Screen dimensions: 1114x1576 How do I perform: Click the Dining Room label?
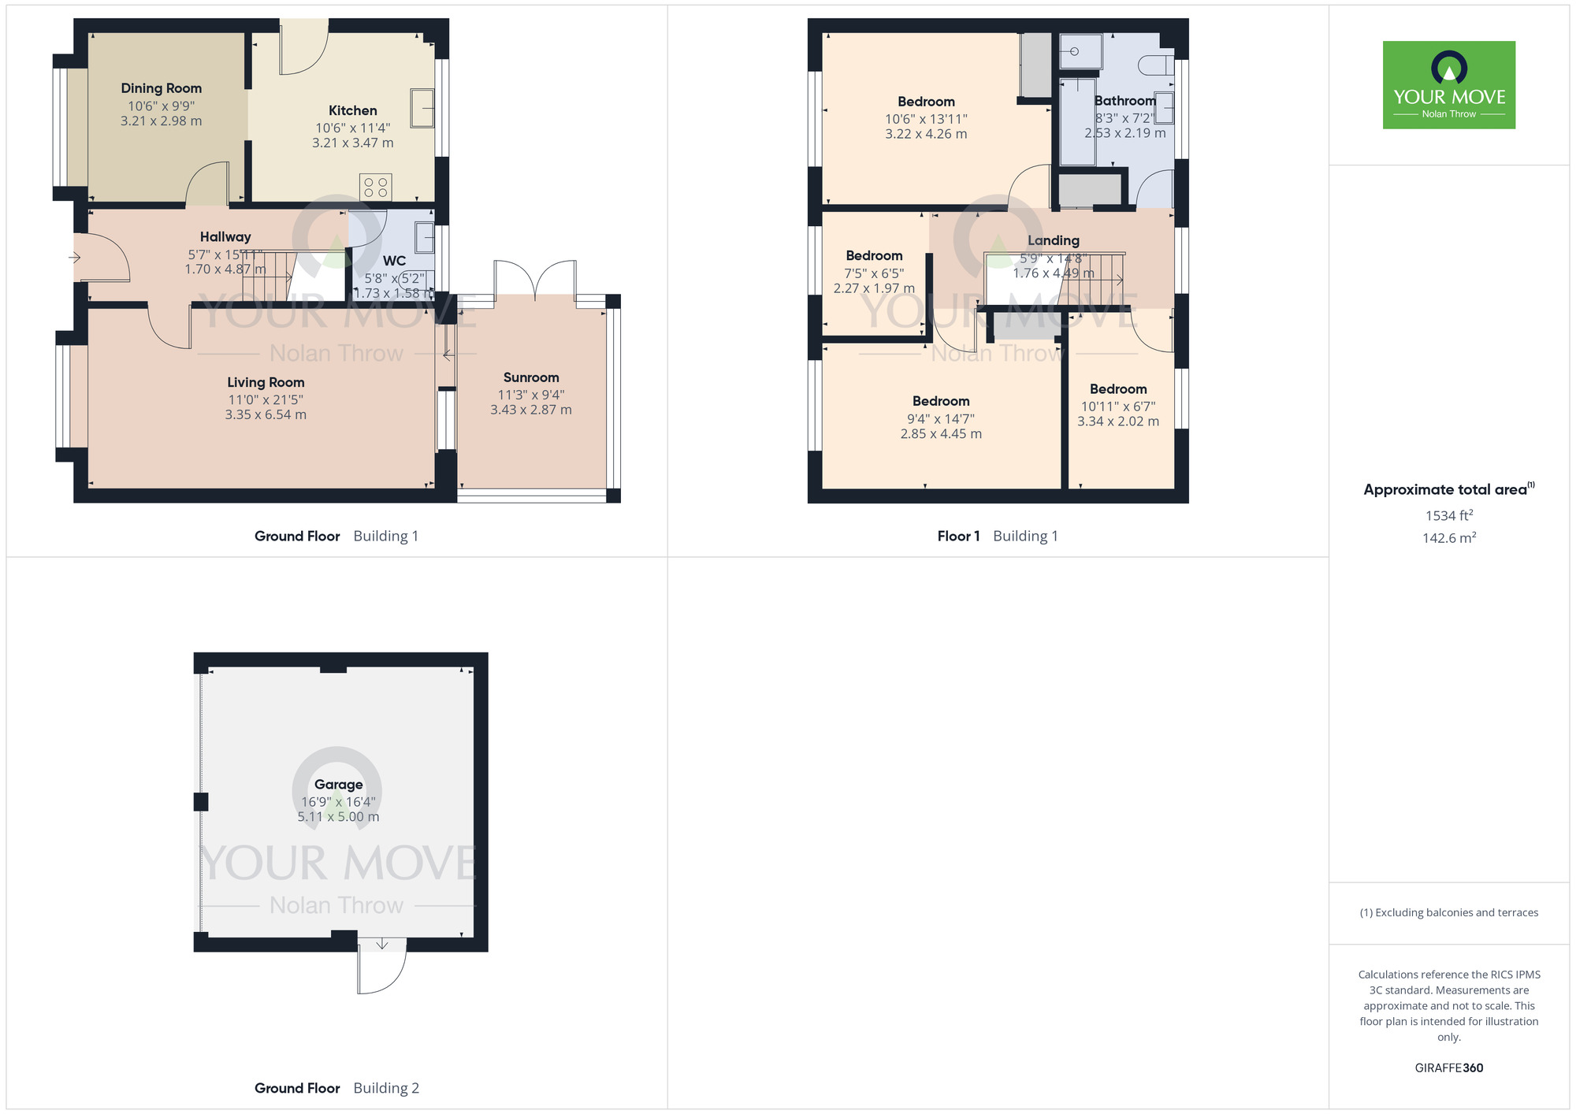161,88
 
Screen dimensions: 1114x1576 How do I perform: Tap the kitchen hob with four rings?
376,188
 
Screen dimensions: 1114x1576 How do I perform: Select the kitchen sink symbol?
422,108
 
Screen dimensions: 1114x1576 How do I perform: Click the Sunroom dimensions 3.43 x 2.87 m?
530,410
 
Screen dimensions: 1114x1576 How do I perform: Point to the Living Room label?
266,382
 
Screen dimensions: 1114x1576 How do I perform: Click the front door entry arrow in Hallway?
75,258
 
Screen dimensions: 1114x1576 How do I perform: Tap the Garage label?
338,784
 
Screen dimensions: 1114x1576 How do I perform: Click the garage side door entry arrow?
382,943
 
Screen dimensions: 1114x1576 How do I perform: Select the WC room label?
394,261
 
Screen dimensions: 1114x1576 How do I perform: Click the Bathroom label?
1124,101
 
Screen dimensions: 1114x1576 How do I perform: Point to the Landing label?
1053,240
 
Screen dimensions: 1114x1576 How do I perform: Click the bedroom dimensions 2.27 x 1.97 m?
874,288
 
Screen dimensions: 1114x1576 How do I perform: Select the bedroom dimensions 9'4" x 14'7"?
940,418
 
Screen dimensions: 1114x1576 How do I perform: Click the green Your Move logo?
1448,85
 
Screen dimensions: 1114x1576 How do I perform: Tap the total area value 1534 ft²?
1448,515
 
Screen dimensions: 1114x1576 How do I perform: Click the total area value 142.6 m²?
1448,538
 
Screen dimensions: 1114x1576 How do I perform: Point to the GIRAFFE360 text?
1448,1068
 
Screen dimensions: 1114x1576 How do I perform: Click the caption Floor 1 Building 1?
997,536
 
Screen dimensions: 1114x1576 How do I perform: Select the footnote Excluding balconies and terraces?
1448,912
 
